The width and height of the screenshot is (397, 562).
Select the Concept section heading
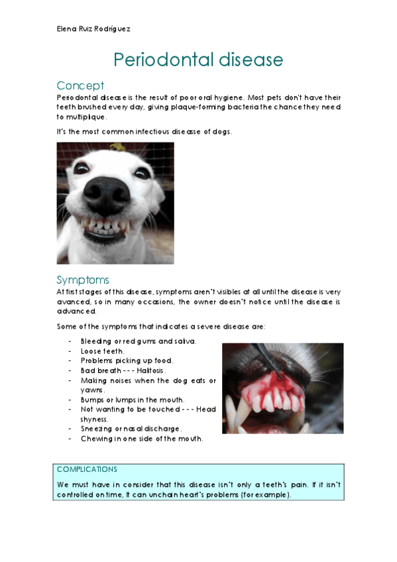(x=80, y=85)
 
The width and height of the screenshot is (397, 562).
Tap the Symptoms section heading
(x=83, y=280)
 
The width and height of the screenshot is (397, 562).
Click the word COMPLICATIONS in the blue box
(x=87, y=469)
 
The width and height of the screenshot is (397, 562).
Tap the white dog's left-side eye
(x=80, y=168)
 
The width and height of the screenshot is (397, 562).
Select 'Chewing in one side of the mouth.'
(x=142, y=439)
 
